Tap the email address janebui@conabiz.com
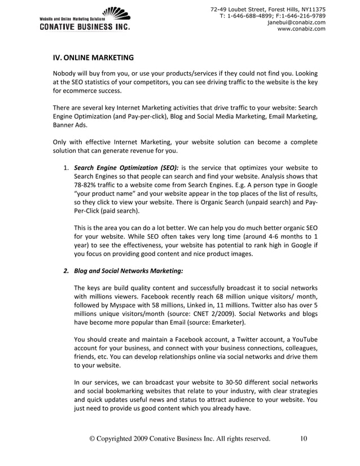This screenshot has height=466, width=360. tap(296, 22)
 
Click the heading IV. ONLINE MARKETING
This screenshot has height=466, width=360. tap(93, 57)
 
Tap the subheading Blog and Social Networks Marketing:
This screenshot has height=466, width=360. tap(128, 270)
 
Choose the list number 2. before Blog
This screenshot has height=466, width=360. tap(66, 270)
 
